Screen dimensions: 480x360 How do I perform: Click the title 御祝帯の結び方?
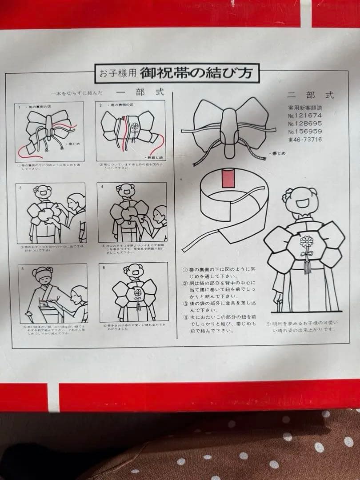(196, 72)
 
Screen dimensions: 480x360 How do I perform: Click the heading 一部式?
(140, 92)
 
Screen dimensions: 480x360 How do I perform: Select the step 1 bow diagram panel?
(50, 132)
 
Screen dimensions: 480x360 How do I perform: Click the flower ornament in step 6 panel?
(138, 293)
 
